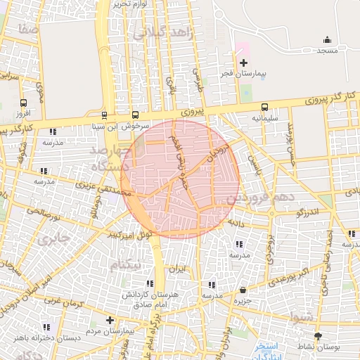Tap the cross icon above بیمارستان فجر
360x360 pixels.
coord(244,63)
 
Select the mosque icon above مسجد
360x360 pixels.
coord(327,40)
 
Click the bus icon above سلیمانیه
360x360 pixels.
coord(264,108)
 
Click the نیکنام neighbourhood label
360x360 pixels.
coord(127,263)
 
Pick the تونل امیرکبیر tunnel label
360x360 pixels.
coord(129,234)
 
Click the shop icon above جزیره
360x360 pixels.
coord(243,290)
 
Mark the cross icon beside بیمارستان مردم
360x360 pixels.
coord(110,321)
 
